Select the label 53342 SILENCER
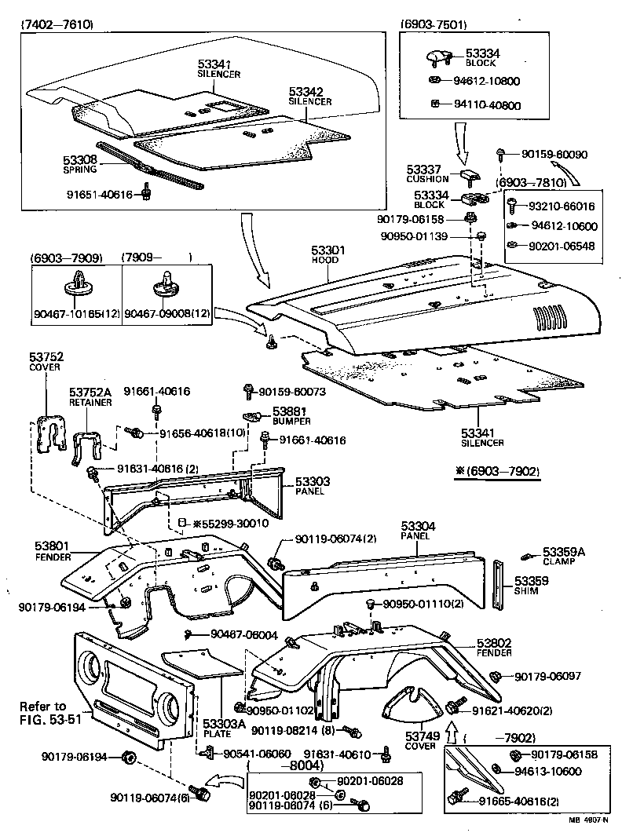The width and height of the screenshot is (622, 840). [309, 96]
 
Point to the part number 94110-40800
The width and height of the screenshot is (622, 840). [487, 104]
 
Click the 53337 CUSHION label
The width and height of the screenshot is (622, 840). [428, 173]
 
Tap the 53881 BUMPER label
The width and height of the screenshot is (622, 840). [290, 415]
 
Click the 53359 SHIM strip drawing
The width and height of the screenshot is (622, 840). [498, 585]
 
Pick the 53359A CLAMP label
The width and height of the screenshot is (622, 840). [564, 556]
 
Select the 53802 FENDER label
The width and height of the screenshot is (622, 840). [495, 648]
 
